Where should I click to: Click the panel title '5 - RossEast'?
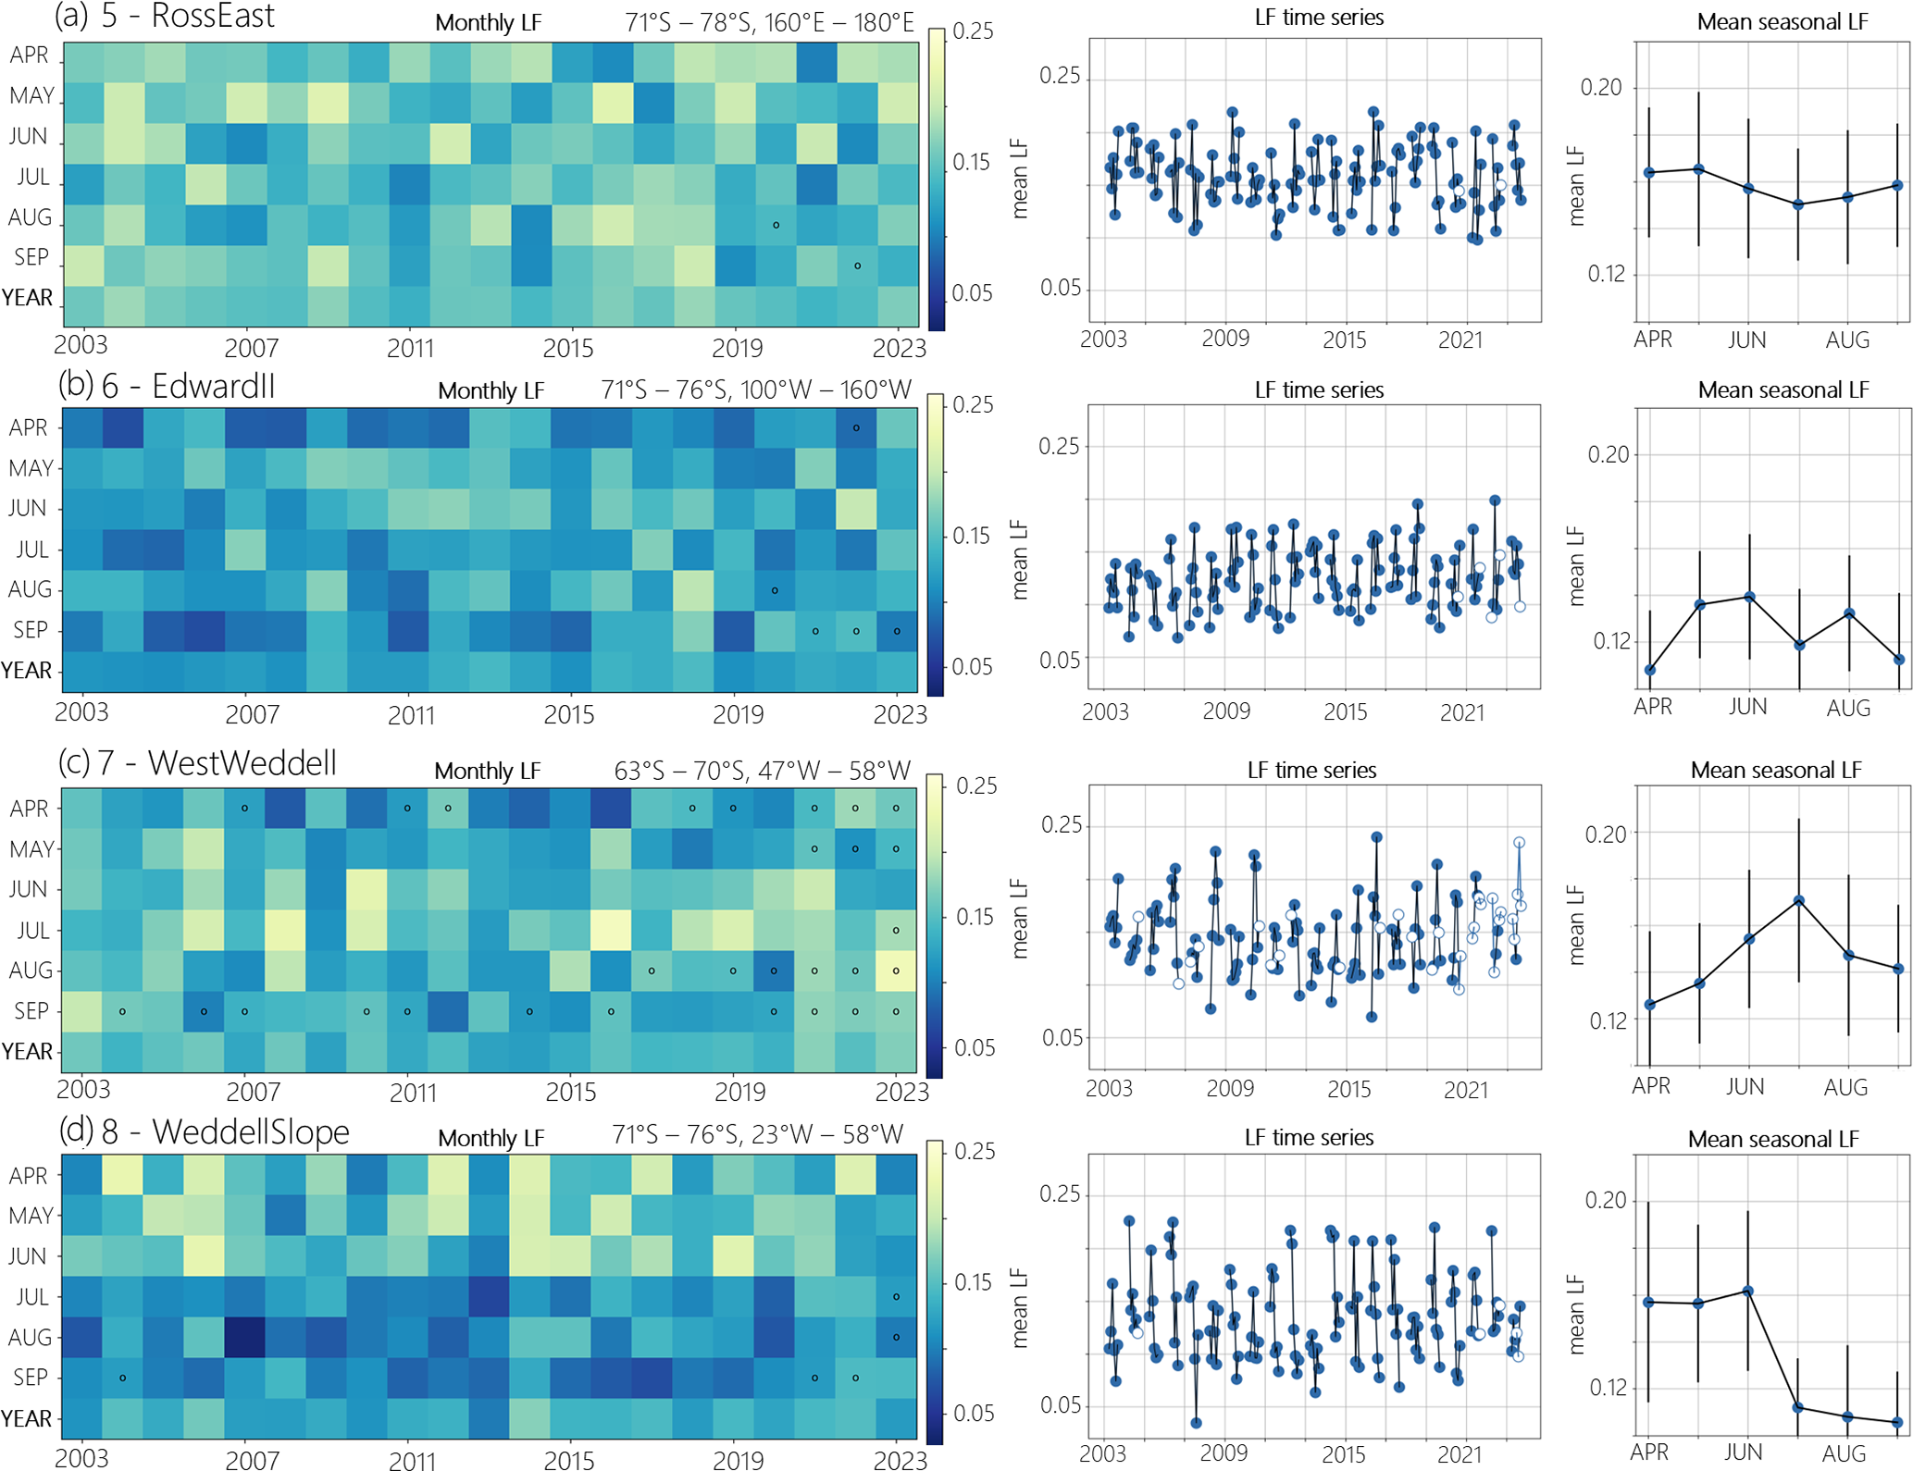tap(187, 17)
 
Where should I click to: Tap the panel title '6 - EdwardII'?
tap(188, 386)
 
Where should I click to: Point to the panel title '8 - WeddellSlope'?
tap(225, 1131)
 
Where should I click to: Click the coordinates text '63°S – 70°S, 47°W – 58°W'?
tap(762, 770)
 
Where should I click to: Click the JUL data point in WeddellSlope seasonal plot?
tap(1798, 1407)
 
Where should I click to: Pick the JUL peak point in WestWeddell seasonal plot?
tap(1798, 899)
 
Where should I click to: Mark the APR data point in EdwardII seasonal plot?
tap(1650, 670)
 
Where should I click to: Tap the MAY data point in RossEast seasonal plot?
tap(1698, 169)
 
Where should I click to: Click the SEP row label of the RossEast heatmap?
tap(31, 257)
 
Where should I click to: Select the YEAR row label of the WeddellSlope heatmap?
tap(27, 1418)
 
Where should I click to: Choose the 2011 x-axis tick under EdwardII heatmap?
tap(410, 715)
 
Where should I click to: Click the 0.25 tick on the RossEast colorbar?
tap(973, 31)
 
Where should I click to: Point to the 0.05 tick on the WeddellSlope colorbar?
tap(973, 1413)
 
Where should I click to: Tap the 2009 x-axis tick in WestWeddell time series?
tap(1229, 1088)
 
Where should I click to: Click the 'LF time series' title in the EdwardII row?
tap(1319, 389)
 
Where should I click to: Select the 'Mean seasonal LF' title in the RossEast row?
tap(1783, 22)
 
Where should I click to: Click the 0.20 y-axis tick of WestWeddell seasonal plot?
tap(1606, 834)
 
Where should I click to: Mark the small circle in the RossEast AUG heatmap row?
tap(776, 225)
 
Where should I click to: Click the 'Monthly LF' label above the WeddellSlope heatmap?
tap(491, 1138)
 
